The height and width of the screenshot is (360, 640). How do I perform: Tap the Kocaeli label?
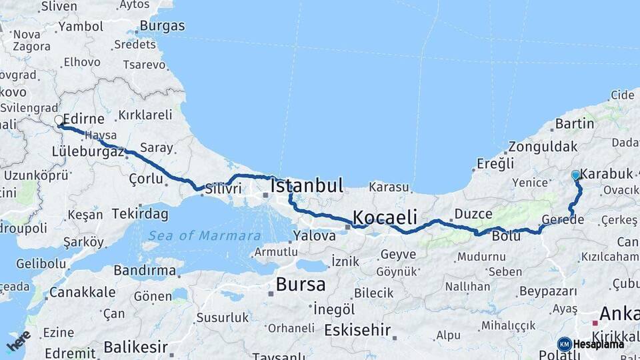point(385,217)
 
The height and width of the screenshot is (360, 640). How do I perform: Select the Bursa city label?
point(301,285)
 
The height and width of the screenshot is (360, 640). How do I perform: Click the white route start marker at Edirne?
point(59,121)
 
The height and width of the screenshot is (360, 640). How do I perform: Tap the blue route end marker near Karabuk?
point(576,175)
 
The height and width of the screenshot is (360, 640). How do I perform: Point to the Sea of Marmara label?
point(205,235)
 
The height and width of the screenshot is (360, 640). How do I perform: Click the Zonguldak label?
point(543,147)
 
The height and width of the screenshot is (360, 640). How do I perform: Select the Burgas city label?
point(163,27)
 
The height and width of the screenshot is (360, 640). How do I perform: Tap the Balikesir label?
point(135,347)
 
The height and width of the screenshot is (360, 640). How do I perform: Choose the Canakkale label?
point(83,292)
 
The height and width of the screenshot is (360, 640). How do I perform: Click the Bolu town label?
point(506,236)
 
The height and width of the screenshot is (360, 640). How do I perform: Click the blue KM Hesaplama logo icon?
point(564,344)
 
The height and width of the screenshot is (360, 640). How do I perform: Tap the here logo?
point(18,341)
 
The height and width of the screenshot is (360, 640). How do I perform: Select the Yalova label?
point(315,235)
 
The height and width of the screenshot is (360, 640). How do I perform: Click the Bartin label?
point(574,123)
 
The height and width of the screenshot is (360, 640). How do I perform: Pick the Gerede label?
point(563,219)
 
